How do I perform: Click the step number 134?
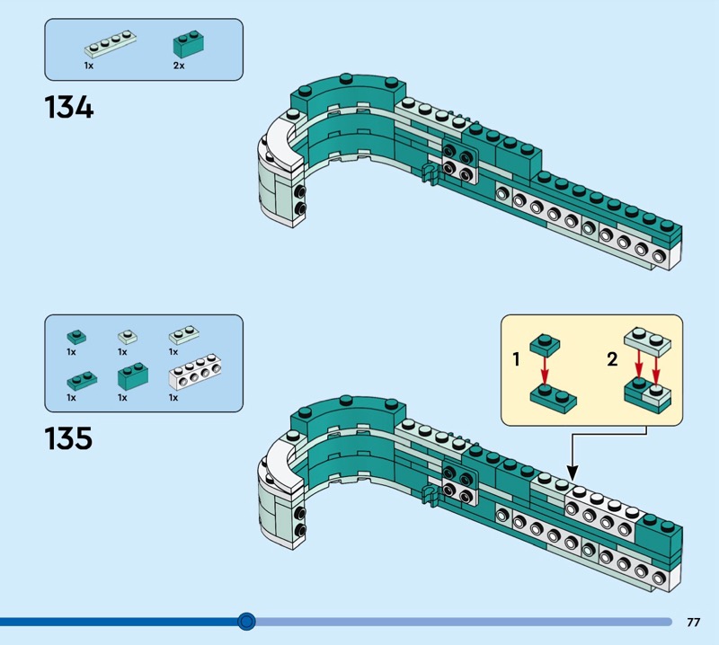68,109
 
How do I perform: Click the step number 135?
68,438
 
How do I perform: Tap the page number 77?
693,622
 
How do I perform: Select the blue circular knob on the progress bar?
247,621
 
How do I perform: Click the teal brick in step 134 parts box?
188,46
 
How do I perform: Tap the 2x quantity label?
178,66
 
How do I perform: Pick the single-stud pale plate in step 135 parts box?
128,338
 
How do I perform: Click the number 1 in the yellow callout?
517,360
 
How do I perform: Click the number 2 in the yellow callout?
613,360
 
